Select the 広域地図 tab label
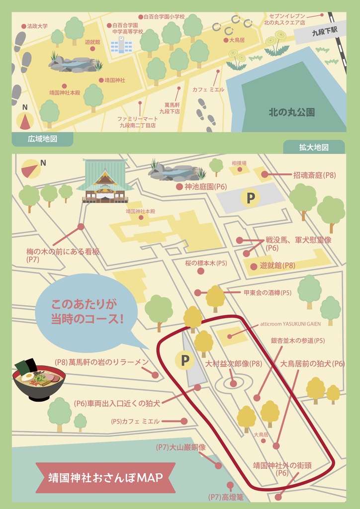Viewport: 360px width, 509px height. (x=42, y=139)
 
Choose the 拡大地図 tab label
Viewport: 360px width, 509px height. (x=314, y=148)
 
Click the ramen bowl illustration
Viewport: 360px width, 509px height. (x=39, y=380)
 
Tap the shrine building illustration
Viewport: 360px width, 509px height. (x=105, y=181)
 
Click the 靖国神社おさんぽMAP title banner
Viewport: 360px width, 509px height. (x=105, y=478)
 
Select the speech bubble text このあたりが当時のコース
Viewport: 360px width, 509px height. (x=87, y=311)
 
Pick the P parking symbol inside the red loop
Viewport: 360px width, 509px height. (x=185, y=360)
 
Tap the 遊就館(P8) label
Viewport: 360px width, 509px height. (x=277, y=266)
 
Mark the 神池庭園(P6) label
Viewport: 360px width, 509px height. (x=205, y=187)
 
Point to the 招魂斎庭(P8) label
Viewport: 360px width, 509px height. (x=314, y=175)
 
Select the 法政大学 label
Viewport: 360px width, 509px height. (x=37, y=26)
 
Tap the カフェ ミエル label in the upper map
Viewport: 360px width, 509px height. (x=208, y=90)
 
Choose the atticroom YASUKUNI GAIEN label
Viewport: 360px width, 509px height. (x=290, y=324)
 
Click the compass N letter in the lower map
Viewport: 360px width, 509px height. (x=43, y=163)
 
